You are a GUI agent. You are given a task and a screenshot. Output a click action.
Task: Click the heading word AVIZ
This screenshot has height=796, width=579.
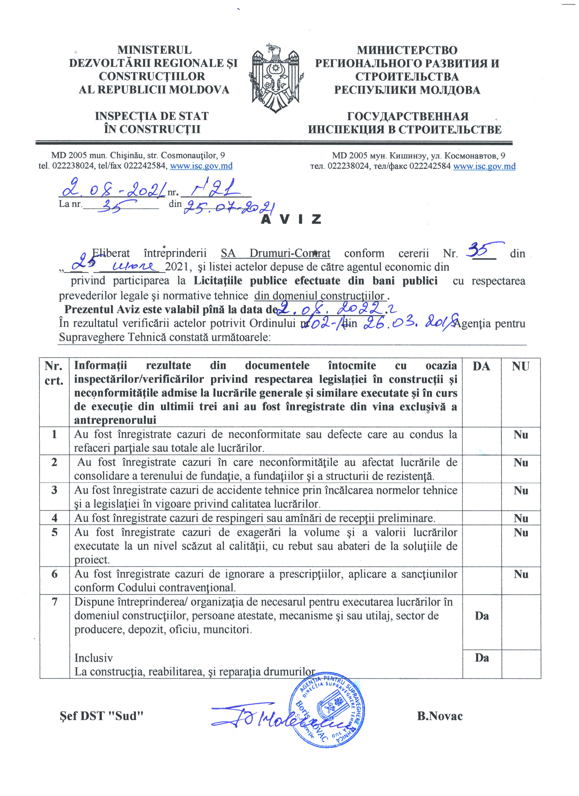click(291, 219)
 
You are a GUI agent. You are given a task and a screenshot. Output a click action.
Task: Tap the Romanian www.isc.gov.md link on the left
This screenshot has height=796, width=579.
click(201, 166)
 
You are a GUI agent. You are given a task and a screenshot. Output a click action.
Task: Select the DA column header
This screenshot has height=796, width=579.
click(481, 366)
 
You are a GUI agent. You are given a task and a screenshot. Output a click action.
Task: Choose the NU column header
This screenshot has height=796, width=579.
click(520, 366)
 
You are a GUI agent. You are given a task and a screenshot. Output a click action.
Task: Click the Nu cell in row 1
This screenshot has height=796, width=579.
click(521, 435)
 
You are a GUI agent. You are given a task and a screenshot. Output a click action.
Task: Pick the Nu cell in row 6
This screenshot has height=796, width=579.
click(521, 574)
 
